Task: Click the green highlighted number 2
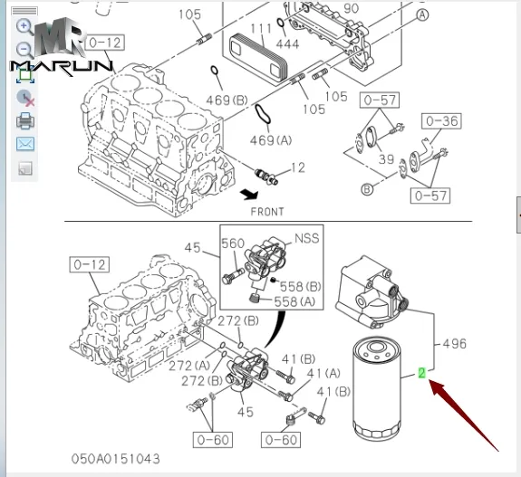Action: click(x=422, y=372)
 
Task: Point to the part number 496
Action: click(x=454, y=344)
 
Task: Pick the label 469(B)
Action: click(x=227, y=99)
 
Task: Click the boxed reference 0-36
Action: click(x=441, y=120)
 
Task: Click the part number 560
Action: click(x=233, y=243)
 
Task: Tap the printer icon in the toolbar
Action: click(x=25, y=120)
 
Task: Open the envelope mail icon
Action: click(x=25, y=144)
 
